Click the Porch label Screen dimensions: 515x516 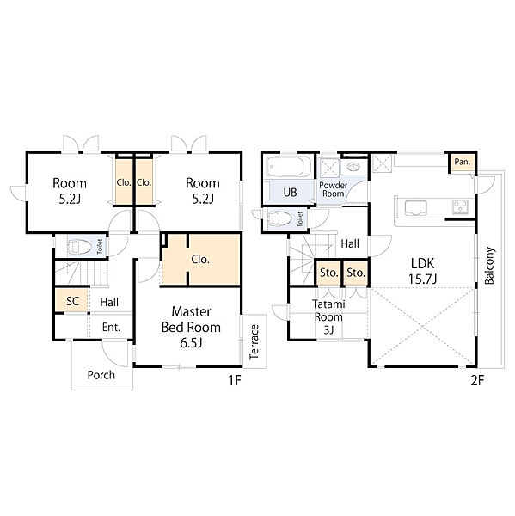point(101,375)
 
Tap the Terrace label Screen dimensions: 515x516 point(254,341)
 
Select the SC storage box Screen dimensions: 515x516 point(72,300)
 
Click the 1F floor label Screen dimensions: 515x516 point(235,380)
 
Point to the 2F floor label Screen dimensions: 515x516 point(477,380)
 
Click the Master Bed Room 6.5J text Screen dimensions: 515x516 point(191,327)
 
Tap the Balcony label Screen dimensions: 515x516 point(489,265)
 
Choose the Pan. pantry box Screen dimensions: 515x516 point(462,163)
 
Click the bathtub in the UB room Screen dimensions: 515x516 point(289,166)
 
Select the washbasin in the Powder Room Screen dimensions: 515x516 point(353,167)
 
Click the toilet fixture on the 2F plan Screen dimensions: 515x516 point(280,218)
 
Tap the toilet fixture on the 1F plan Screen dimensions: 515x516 point(79,246)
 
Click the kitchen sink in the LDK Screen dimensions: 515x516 point(415,208)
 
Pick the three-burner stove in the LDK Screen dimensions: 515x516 point(460,207)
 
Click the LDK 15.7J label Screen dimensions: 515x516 point(422,271)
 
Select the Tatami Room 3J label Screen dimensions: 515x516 point(328,316)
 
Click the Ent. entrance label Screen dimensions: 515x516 point(111,328)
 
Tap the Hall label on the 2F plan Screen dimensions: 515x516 point(350,244)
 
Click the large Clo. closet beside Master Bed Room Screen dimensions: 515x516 point(200,260)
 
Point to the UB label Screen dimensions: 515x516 point(290,193)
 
